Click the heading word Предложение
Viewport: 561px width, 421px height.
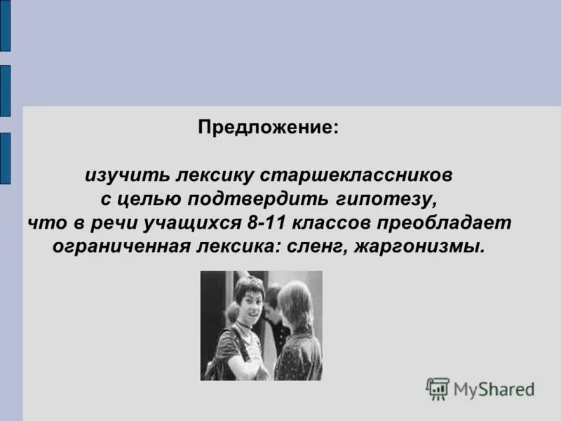coord(267,128)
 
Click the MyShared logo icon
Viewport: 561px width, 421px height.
coord(438,388)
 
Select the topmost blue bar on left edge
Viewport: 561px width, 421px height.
coord(5,26)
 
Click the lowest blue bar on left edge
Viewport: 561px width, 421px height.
coord(5,158)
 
